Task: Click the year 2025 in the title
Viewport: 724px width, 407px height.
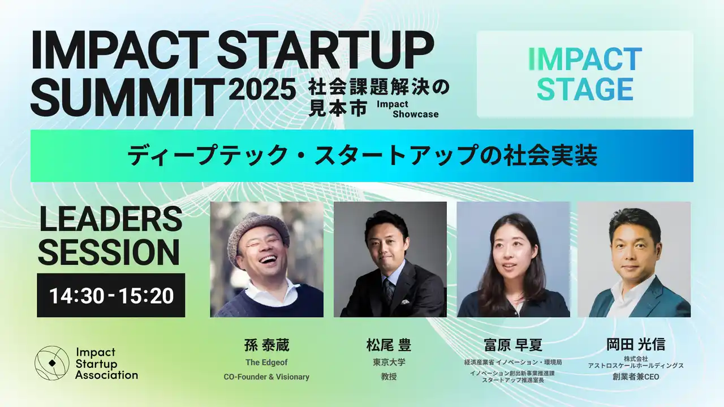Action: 263,89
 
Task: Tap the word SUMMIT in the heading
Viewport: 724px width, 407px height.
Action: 128,97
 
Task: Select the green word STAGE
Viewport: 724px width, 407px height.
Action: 585,89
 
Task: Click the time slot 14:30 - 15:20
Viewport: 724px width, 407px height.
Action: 111,296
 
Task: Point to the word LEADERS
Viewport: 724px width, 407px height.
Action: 111,219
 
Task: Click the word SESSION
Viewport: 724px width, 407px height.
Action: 109,252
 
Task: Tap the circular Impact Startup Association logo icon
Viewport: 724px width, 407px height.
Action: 52,363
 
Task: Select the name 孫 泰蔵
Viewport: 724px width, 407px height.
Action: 266,345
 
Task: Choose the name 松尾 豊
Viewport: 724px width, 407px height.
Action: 389,345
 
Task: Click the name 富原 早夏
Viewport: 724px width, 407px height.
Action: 513,345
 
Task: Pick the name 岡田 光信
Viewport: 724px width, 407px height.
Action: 636,344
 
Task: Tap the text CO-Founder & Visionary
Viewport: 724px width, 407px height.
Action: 266,376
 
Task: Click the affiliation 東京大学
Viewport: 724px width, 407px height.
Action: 389,362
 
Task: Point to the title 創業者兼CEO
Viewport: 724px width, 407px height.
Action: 636,376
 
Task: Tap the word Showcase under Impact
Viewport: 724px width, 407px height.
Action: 416,114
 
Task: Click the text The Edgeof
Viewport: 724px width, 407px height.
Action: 266,362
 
